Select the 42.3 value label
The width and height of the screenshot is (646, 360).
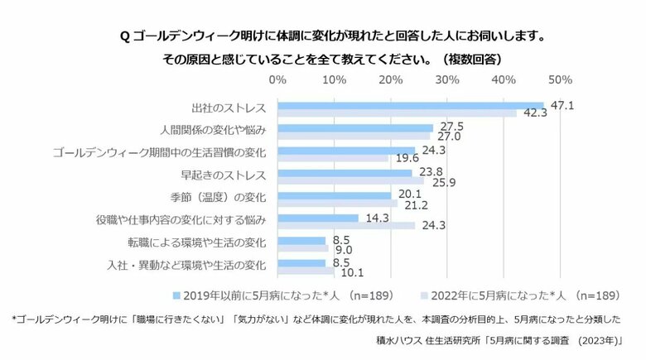pyautogui.click(x=534, y=114)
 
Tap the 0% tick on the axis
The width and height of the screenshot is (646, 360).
pyautogui.click(x=277, y=80)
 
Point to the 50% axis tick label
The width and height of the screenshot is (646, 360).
pyautogui.click(x=560, y=80)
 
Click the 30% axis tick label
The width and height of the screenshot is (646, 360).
pyautogui.click(x=447, y=80)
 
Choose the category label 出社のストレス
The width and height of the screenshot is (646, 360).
pyautogui.click(x=228, y=108)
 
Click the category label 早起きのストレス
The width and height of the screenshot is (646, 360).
pyautogui.click(x=223, y=175)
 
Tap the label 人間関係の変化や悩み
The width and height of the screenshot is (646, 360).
pyautogui.click(x=212, y=131)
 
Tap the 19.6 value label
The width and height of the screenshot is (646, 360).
pyautogui.click(x=407, y=158)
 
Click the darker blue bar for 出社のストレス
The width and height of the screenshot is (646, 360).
pyautogui.click(x=410, y=106)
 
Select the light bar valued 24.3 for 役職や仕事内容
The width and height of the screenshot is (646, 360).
pyautogui.click(x=346, y=225)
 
